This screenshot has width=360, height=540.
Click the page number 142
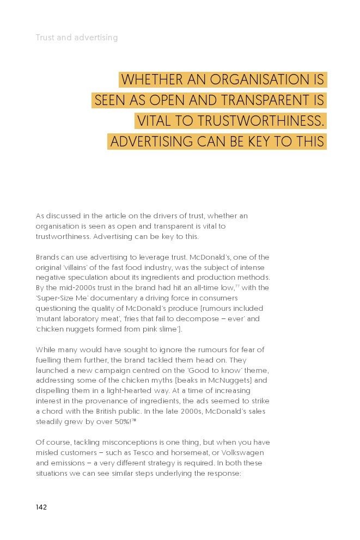[41, 507]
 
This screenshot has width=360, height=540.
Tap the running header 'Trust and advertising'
[77, 38]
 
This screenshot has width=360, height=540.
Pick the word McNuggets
[232, 381]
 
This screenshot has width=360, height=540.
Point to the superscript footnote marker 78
[133, 420]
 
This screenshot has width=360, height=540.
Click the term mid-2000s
[66, 288]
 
